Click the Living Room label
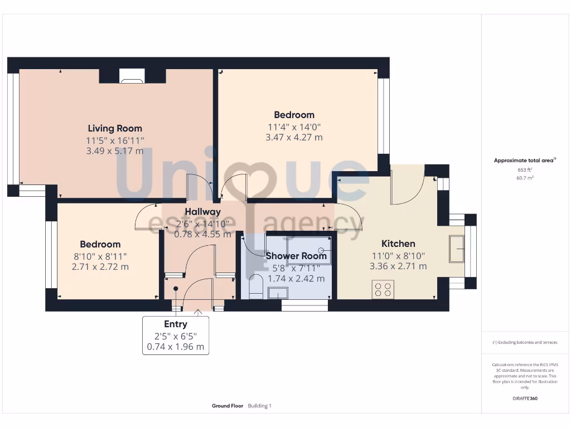point(115,128)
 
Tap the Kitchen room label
point(398,244)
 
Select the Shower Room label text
point(296,256)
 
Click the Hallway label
point(203,212)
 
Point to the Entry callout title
point(175,324)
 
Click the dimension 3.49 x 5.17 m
point(115,151)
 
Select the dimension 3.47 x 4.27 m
point(294,137)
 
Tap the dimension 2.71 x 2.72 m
point(100,266)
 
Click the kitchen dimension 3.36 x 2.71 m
point(398,266)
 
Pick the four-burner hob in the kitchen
point(383,290)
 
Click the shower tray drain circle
point(322,250)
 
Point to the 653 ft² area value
point(525,169)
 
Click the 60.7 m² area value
point(525,178)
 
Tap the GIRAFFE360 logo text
point(525,398)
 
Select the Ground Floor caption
point(228,406)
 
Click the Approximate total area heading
point(524,160)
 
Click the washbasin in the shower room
point(277,293)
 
